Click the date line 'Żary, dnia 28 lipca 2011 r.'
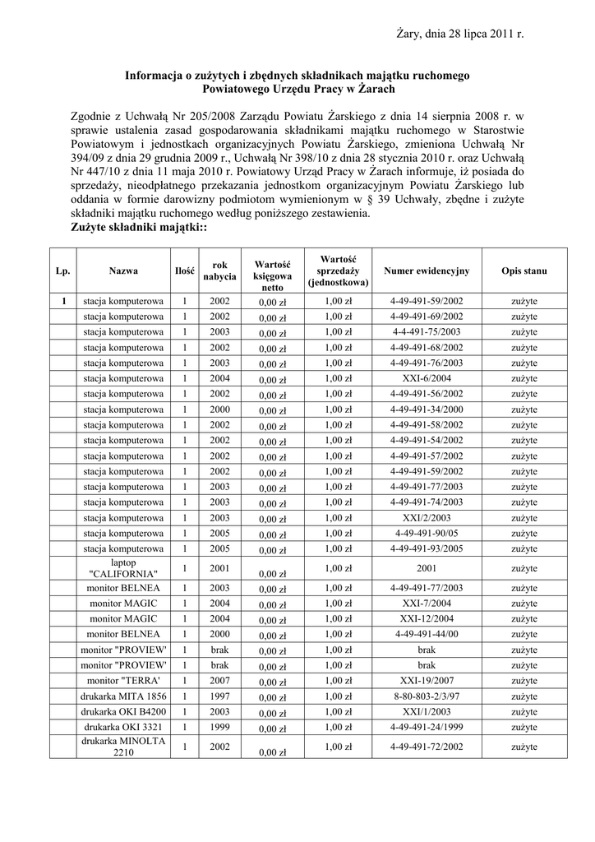click(459, 35)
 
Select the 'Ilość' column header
click(185, 271)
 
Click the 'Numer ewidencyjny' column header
click(427, 271)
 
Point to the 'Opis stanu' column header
click(524, 271)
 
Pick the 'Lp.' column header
click(63, 271)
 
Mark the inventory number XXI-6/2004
click(427, 378)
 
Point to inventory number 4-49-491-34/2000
click(427, 409)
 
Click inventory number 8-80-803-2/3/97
click(427, 696)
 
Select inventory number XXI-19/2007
click(427, 681)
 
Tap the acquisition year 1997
click(219, 696)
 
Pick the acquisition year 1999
click(219, 728)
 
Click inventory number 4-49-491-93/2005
click(427, 549)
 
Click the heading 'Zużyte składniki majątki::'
click(139, 227)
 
